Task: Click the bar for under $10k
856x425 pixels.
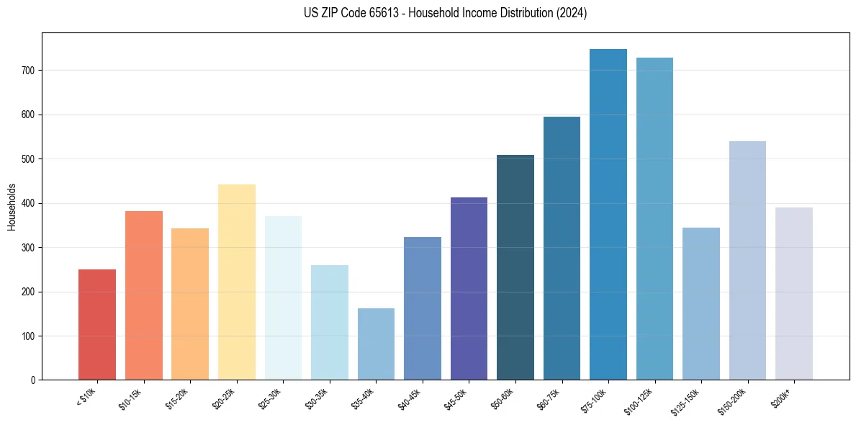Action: pyautogui.click(x=97, y=324)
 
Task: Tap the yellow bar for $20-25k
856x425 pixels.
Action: pyautogui.click(x=237, y=282)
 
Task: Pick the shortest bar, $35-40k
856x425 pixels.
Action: pyautogui.click(x=376, y=344)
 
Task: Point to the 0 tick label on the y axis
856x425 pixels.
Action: pyautogui.click(x=32, y=380)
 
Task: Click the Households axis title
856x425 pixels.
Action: pyautogui.click(x=12, y=206)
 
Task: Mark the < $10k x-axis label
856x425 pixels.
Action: pyautogui.click(x=87, y=396)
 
